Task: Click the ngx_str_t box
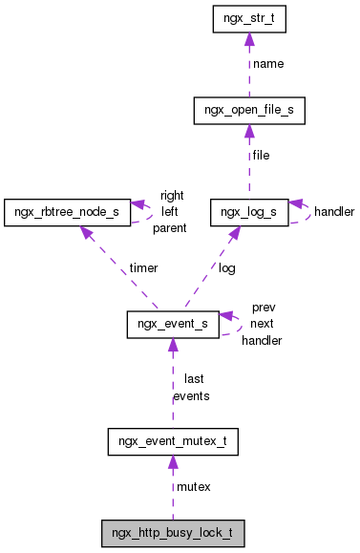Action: [248, 18]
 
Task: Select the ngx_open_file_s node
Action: [248, 111]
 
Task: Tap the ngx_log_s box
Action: [248, 210]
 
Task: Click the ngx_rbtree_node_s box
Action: [66, 210]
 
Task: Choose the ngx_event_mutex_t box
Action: [173, 442]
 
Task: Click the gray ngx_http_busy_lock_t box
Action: [173, 533]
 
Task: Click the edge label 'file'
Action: [261, 156]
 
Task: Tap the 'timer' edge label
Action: [145, 268]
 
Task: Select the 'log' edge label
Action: [227, 268]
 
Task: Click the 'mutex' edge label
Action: [194, 487]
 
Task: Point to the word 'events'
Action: [191, 395]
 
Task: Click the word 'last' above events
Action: [193, 379]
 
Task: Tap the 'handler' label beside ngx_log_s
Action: [334, 211]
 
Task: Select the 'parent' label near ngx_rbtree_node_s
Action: [169, 228]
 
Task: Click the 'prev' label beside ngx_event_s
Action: [263, 308]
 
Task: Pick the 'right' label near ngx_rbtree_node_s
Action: [172, 195]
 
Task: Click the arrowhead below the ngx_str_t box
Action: [248, 39]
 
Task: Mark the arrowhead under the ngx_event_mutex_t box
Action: [173, 463]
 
